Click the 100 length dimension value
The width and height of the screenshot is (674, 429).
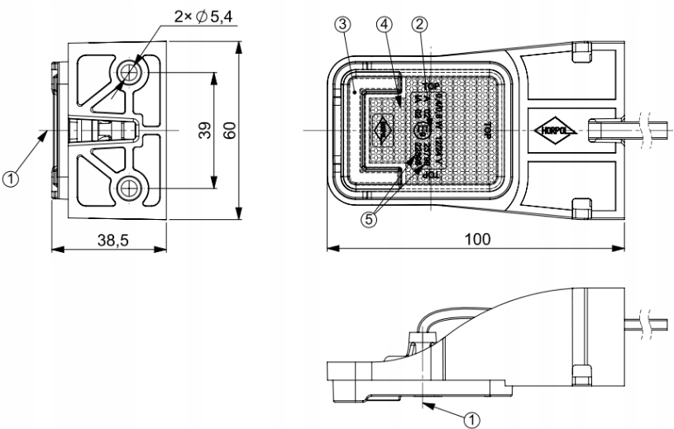475,238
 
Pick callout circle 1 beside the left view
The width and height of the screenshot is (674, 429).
11,178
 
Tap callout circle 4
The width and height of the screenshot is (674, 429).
384,25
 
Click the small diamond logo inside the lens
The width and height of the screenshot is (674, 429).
383,131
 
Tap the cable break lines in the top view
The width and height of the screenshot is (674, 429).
647,130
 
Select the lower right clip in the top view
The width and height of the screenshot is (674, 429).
582,204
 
